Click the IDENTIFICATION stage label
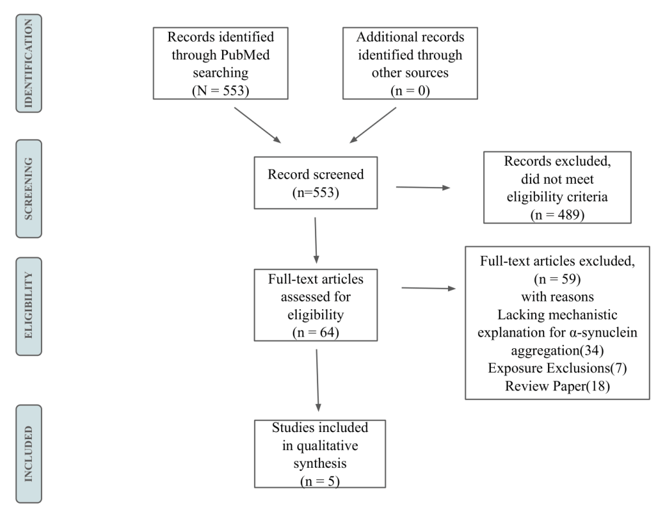(29, 63)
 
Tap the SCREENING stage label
(29, 189)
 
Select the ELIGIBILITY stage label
(29, 306)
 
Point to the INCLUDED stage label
(29, 453)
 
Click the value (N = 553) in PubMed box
(221, 90)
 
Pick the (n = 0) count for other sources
(410, 90)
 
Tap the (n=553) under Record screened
(316, 193)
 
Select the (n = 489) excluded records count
(557, 214)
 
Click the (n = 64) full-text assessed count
(316, 332)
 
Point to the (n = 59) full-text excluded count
(557, 279)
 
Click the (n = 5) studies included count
(320, 481)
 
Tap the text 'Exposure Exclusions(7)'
(557, 368)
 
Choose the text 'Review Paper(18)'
(557, 386)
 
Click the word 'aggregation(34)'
(557, 350)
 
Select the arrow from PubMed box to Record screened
(257, 125)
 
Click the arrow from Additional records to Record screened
(373, 125)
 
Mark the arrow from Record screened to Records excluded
(423, 187)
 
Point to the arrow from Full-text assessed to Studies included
(318, 381)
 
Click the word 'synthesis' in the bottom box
(320, 463)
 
